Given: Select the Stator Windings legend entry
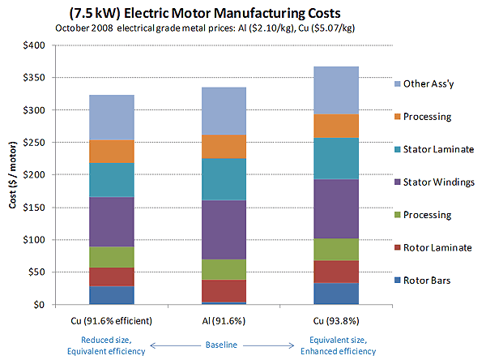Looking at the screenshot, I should [437, 182].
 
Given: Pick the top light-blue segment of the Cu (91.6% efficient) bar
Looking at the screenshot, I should [117, 118].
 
